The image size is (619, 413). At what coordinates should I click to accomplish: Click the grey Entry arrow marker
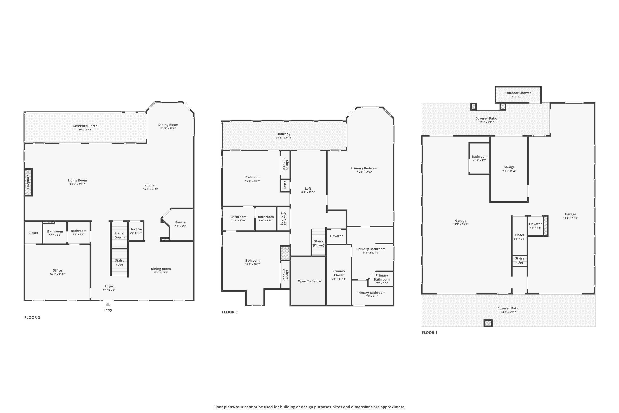[108, 304]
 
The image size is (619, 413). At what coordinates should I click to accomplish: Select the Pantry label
[180, 222]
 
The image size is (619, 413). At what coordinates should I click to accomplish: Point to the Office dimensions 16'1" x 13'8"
[57, 274]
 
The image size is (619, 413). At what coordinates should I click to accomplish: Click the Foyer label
[109, 286]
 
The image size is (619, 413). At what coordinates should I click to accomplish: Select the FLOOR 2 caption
[32, 318]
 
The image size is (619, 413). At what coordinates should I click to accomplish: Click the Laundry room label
[282, 219]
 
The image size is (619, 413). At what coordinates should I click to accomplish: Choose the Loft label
[308, 189]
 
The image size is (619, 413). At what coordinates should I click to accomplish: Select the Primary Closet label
[339, 273]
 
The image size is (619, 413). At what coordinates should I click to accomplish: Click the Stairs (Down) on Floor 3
[318, 242]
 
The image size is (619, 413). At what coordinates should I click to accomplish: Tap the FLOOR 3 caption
[229, 312]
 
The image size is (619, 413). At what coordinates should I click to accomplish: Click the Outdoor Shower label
[518, 93]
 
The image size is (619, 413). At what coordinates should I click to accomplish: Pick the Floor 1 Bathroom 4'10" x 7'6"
[480, 158]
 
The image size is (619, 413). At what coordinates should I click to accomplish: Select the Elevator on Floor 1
[535, 225]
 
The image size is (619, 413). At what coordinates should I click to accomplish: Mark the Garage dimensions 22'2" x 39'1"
[461, 224]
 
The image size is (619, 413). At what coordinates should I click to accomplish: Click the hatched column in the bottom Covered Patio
[488, 323]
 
